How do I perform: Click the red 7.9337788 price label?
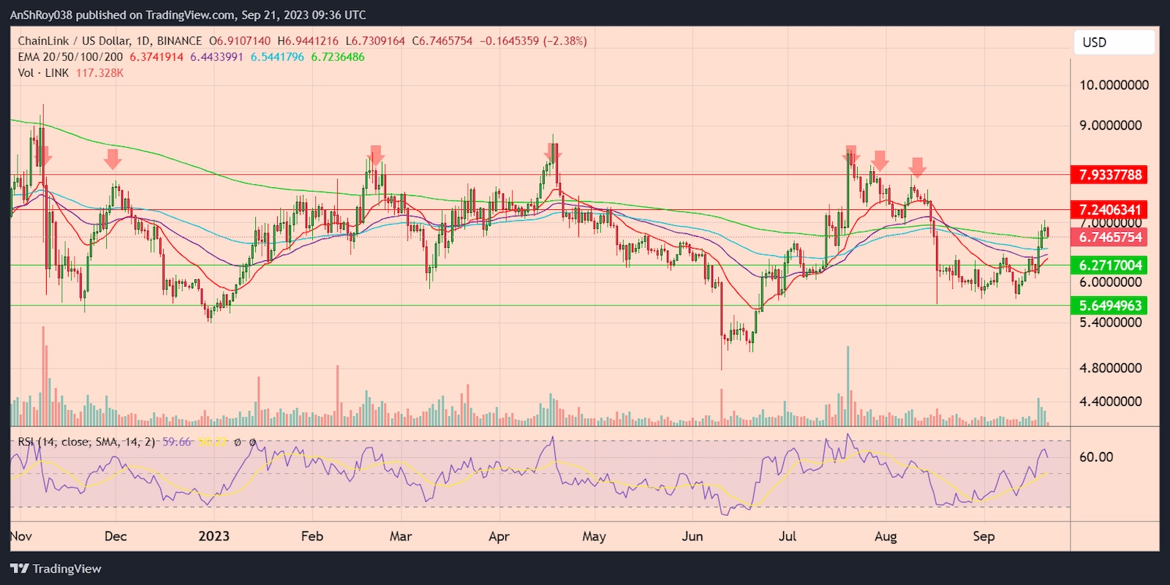[1109, 175]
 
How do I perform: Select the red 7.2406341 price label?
[1109, 210]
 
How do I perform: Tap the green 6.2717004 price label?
[1109, 265]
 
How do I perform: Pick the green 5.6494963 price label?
[1109, 306]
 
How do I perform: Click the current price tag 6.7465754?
[1109, 237]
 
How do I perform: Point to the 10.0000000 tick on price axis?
[1114, 85]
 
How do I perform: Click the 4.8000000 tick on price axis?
[1110, 368]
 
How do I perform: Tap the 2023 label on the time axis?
[214, 536]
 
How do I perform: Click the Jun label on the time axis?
[692, 536]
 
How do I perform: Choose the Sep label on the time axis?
[984, 536]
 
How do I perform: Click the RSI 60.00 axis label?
[1096, 457]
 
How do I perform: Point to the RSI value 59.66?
[176, 442]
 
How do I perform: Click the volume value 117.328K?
[99, 73]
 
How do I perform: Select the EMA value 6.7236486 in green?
[338, 57]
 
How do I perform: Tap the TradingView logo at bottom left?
[56, 569]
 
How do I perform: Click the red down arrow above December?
[113, 158]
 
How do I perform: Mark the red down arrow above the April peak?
[552, 152]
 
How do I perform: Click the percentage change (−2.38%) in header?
[565, 41]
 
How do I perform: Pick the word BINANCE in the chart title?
[179, 41]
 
